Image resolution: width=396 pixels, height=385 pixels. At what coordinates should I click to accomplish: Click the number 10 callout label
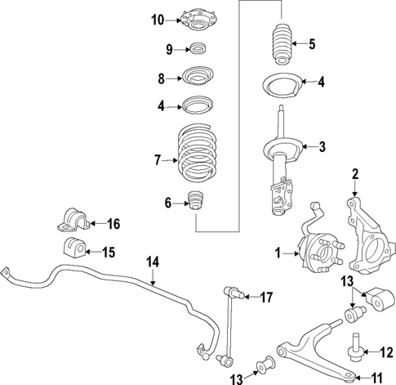coord(158,20)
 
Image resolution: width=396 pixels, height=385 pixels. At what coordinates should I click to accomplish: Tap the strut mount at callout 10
coord(197,18)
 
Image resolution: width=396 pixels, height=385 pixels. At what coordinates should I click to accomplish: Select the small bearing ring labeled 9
coord(197,49)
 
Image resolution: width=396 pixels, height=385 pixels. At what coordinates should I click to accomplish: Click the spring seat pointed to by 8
coord(197,78)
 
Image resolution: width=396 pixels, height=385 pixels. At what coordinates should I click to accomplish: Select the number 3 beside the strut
coord(323,147)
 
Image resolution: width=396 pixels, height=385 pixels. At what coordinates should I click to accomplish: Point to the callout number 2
coord(355,196)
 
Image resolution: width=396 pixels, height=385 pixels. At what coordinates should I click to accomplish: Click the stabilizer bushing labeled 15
coord(72,250)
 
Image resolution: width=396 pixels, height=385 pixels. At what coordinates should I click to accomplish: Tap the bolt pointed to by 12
coord(356,350)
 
